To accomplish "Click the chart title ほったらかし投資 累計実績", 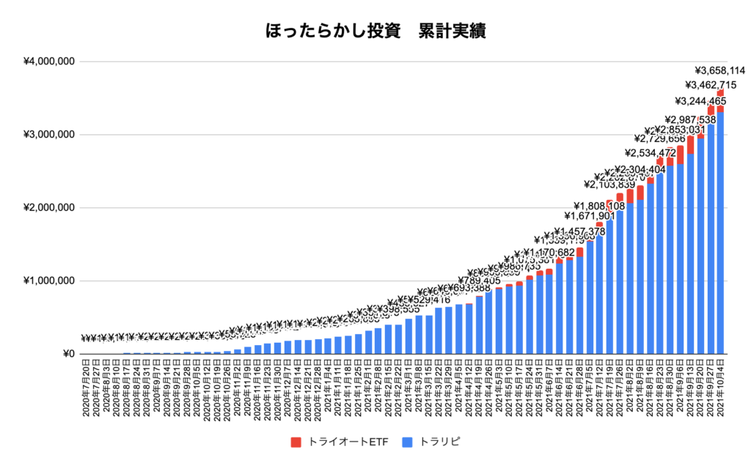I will coord(375,31).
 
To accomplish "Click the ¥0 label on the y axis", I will coord(70,355).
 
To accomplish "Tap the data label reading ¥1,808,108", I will coord(599,206).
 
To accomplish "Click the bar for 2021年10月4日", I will coord(720,234).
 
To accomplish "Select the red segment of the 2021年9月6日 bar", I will coord(680,155).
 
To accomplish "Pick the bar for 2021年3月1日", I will coord(409,337).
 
